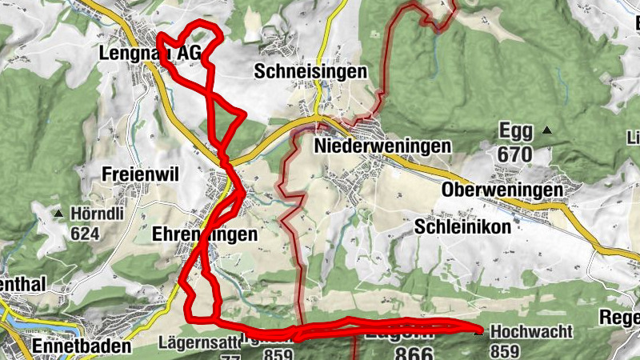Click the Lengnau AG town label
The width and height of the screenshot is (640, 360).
point(150,53)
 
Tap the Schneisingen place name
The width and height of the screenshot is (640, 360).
point(310,71)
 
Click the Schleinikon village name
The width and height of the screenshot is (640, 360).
point(463,226)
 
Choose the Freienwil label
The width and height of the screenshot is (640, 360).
point(139,174)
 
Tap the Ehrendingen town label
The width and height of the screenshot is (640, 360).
point(205,234)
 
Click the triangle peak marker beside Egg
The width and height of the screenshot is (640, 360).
point(547,130)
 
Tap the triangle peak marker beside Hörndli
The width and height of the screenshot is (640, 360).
point(58,214)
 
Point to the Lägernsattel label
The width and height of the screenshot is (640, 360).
point(200,344)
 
